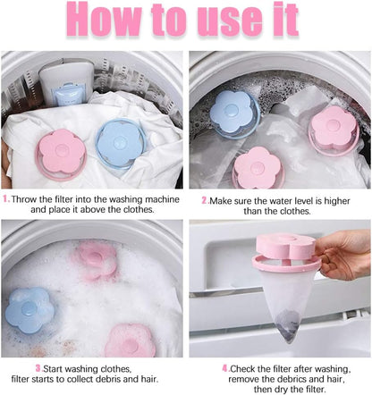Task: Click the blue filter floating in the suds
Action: [30, 308]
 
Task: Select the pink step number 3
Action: [38, 366]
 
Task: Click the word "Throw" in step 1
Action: [25, 199]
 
